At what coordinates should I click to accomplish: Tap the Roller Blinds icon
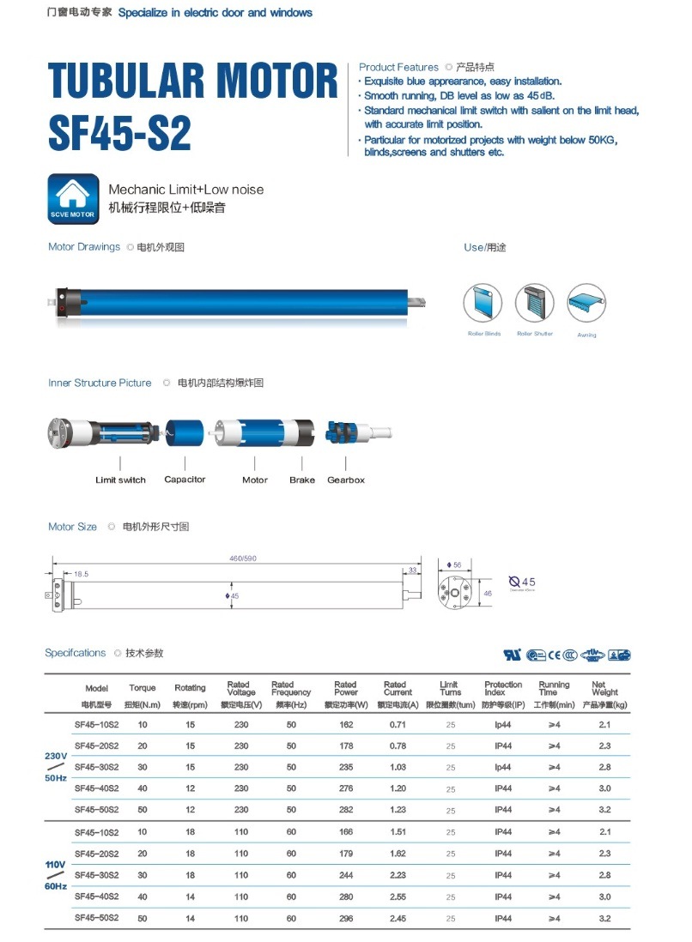483,303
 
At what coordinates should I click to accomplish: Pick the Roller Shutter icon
534,303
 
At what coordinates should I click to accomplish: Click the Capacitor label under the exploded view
185,480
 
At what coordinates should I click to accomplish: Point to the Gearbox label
345,480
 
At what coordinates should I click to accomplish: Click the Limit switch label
120,480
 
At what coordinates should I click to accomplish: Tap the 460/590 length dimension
243,559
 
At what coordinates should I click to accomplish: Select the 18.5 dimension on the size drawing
82,574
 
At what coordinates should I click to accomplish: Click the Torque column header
143,688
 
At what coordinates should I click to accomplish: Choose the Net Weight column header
604,689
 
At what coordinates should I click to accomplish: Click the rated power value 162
346,726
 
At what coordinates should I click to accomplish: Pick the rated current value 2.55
398,897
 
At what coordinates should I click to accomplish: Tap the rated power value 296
346,919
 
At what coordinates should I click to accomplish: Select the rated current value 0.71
398,726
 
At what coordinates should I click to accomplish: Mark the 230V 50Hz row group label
56,767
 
